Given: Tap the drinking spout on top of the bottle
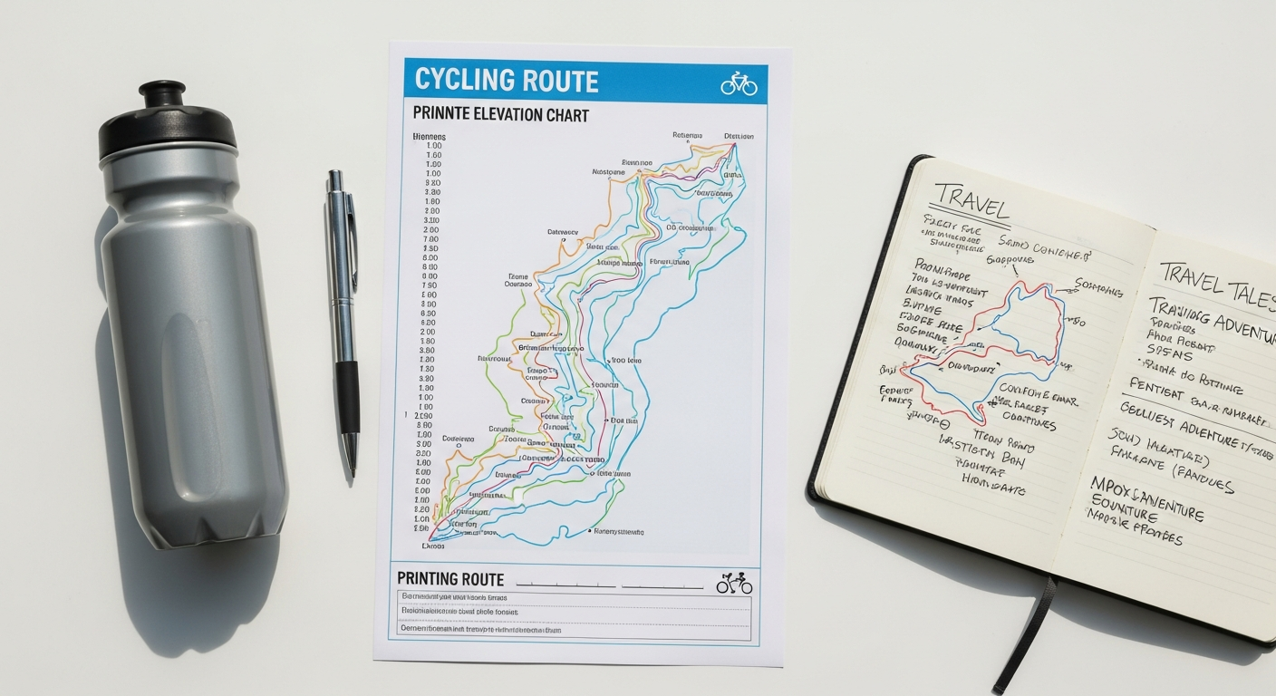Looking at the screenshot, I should pos(162,92).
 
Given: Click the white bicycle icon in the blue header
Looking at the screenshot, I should pos(739,84).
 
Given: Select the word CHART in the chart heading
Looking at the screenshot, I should pos(567,115).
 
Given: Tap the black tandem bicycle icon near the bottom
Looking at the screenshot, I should pos(734,584).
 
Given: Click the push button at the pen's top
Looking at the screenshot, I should pos(335,176).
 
